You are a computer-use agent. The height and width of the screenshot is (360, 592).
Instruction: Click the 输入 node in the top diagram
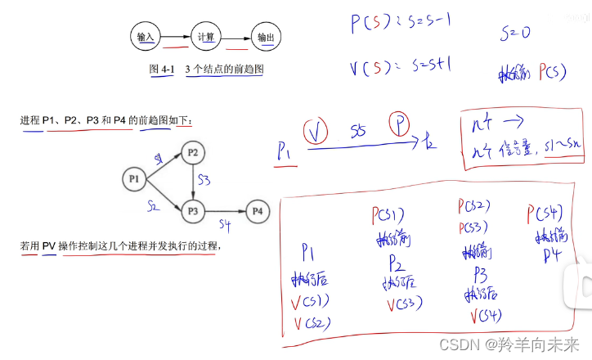(146, 38)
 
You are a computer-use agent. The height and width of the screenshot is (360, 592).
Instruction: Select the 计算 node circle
(206, 38)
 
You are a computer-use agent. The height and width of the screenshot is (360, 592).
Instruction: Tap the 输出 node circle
(266, 38)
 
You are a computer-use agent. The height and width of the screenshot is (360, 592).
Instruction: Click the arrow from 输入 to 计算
(175, 38)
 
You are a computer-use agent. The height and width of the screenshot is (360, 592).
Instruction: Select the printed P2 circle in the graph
(193, 152)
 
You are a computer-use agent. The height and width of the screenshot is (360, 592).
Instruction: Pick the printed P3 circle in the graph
(193, 210)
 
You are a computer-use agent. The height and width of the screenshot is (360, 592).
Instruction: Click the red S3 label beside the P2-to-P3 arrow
(204, 179)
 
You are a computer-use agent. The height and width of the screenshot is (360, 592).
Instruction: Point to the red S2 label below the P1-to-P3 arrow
(153, 206)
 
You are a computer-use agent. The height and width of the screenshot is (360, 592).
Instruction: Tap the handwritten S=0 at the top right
(514, 34)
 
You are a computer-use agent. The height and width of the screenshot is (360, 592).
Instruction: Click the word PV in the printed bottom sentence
(49, 245)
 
